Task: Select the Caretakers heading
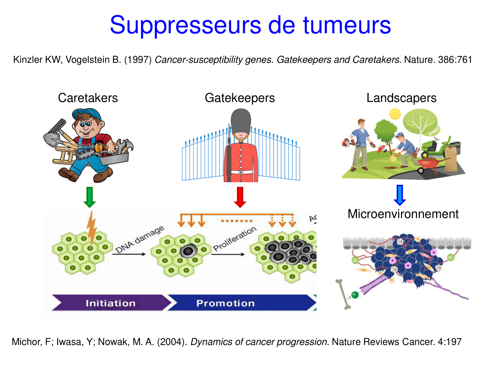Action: [x=88, y=98]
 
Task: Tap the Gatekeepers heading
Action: [x=240, y=98]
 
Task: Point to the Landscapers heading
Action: [x=401, y=98]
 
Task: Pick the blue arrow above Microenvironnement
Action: [x=400, y=195]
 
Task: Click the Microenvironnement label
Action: [x=403, y=214]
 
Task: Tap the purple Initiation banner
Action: [x=110, y=303]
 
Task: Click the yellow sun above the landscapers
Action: [x=395, y=114]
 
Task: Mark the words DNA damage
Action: [x=139, y=239]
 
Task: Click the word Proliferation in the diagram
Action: [x=234, y=239]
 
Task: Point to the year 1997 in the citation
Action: [x=138, y=60]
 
